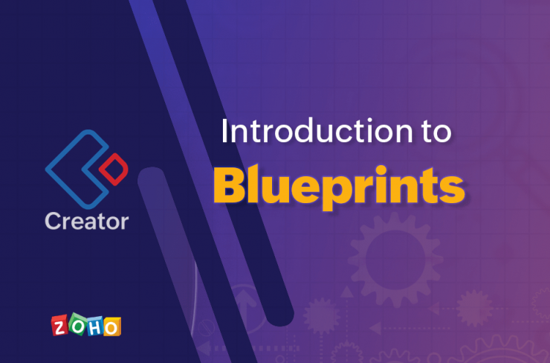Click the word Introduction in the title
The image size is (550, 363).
pyautogui.click(x=317, y=131)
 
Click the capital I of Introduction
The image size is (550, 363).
pyautogui.click(x=224, y=131)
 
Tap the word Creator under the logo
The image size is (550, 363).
pyautogui.click(x=87, y=221)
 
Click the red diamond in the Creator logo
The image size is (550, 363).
pyautogui.click(x=113, y=169)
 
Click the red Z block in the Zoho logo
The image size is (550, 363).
pyautogui.click(x=59, y=326)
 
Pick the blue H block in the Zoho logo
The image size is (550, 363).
pyautogui.click(x=94, y=327)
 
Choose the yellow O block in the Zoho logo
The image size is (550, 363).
pyautogui.click(x=112, y=327)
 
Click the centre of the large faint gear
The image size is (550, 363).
pyautogui.click(x=395, y=260)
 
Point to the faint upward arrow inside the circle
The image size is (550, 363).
pyautogui.click(x=245, y=309)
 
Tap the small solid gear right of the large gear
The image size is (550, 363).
pyautogui.click(x=474, y=308)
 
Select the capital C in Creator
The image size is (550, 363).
pyautogui.click(x=54, y=221)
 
